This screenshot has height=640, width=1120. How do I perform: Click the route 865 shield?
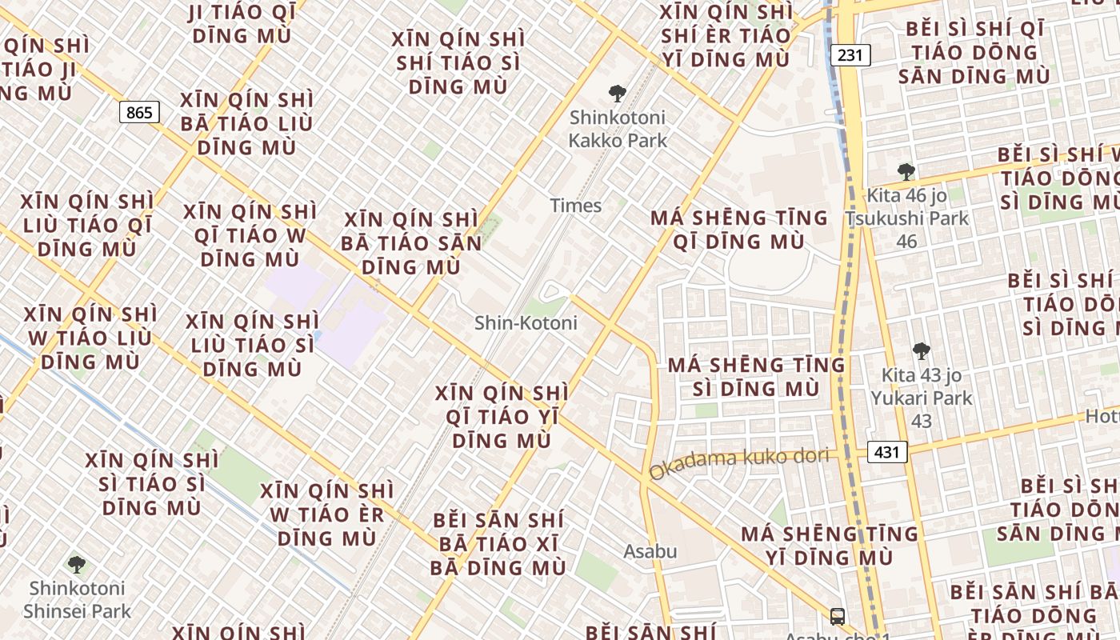139,113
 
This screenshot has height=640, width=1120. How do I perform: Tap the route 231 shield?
850,55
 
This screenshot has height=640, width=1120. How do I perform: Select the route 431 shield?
887,452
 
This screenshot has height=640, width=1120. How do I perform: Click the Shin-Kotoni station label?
526,323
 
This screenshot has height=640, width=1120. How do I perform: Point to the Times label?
575,206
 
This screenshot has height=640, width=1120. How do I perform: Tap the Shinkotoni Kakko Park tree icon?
617,94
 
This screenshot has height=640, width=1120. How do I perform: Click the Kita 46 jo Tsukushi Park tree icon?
906,171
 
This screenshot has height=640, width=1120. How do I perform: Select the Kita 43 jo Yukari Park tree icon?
921,350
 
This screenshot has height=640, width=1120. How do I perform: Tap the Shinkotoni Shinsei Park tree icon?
77,565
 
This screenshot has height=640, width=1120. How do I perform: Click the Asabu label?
650,551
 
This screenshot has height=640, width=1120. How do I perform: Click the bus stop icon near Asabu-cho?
837,617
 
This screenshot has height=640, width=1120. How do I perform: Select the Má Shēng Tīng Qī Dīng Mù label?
738,230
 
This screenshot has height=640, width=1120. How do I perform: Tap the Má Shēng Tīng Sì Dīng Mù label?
756,377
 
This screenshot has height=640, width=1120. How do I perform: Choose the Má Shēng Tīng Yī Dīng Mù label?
829,545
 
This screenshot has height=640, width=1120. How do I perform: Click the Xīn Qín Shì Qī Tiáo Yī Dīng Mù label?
502,417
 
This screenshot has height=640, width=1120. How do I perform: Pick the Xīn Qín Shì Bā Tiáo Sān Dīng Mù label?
411,243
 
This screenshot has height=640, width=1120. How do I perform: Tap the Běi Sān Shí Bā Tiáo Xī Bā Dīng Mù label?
498,544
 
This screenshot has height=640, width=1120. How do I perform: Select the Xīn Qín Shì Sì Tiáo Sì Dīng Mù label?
152,484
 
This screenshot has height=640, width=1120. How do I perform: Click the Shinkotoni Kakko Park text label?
617,129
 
